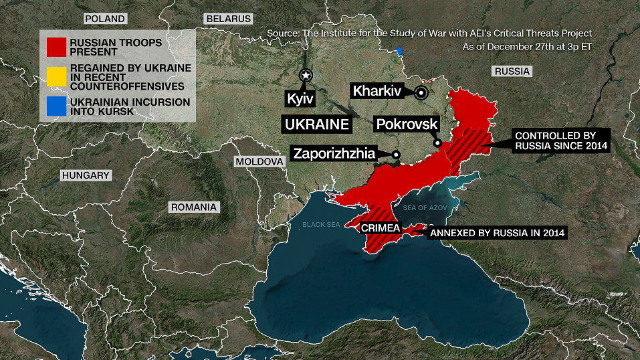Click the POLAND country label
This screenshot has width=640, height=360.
pyautogui.click(x=104, y=19)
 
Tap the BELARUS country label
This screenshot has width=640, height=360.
pyautogui.click(x=229, y=19)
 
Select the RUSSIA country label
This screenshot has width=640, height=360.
pyautogui.click(x=512, y=71)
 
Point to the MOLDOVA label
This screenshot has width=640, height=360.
pyautogui.click(x=259, y=162)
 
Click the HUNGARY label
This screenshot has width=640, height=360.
pyautogui.click(x=85, y=175)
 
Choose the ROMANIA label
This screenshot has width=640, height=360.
pyautogui.click(x=193, y=207)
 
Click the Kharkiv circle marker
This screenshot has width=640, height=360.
pyautogui.click(x=421, y=93)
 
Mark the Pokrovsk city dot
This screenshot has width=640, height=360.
pyautogui.click(x=437, y=143)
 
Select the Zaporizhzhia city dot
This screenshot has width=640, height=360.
pyautogui.click(x=395, y=155)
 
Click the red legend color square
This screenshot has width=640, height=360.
pyautogui.click(x=56, y=46)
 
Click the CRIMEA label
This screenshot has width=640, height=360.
pyautogui.click(x=380, y=228)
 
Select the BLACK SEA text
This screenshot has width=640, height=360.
pyautogui.click(x=321, y=225)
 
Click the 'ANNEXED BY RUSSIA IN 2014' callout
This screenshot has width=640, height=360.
pyautogui.click(x=498, y=233)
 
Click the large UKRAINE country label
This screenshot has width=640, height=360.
pyautogui.click(x=317, y=124)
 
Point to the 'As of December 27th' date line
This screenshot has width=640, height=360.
pyautogui.click(x=527, y=47)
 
